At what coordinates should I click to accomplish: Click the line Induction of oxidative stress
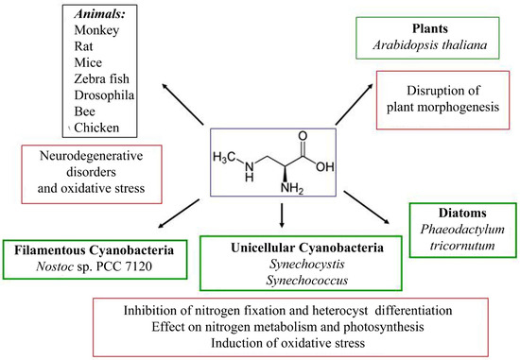pos(305,342)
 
